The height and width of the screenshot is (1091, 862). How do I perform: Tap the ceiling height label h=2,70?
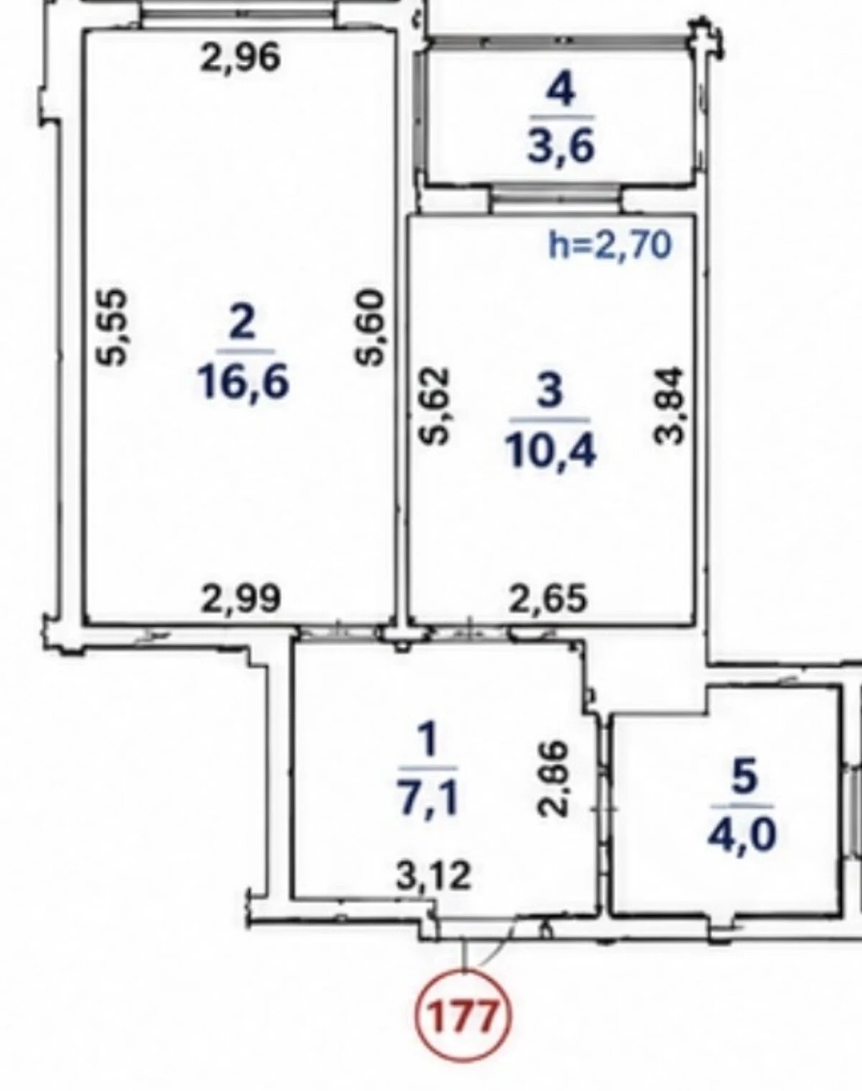(611, 245)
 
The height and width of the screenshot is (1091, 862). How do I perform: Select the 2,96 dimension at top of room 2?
(241, 57)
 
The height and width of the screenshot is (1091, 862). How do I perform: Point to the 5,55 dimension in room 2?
(110, 327)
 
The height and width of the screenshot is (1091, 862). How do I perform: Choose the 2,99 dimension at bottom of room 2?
(241, 598)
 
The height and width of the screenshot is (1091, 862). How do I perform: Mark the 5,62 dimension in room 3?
(436, 406)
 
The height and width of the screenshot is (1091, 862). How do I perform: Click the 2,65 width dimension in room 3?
(548, 598)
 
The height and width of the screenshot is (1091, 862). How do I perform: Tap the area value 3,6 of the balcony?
(560, 146)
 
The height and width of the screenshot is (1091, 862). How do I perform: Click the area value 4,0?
(742, 835)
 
